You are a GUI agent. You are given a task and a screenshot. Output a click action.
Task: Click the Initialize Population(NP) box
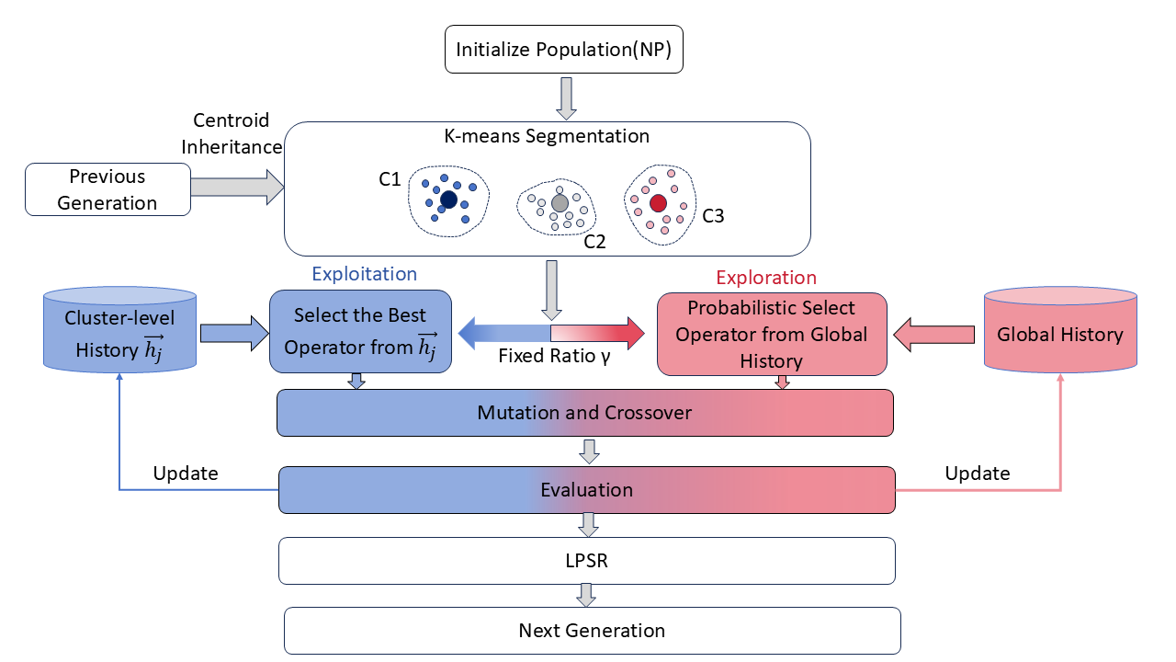[x=564, y=49]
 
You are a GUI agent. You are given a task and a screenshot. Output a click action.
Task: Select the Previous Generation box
[x=107, y=189]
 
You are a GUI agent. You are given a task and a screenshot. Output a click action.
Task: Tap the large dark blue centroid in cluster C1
[x=448, y=200]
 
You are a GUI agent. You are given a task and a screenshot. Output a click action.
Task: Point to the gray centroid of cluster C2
[x=560, y=203]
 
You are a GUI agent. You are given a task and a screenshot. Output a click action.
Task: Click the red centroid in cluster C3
[x=658, y=203]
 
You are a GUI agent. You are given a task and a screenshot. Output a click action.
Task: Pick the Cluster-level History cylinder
[x=119, y=330]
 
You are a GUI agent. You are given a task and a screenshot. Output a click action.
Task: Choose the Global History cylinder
[x=1060, y=330]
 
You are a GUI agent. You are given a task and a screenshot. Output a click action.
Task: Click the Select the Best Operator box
[x=360, y=332]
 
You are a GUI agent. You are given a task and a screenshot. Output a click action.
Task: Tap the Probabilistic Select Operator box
[x=772, y=334]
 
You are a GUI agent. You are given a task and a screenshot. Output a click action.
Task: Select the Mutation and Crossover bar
[x=585, y=413]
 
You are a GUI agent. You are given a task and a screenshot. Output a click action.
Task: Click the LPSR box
[x=586, y=561]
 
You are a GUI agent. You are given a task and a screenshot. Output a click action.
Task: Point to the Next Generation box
[x=593, y=631]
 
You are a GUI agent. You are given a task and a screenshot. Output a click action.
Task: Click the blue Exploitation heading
[x=365, y=274]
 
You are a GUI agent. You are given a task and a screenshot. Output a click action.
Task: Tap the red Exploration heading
[x=766, y=278]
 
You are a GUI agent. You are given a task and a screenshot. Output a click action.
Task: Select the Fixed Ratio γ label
[x=554, y=356]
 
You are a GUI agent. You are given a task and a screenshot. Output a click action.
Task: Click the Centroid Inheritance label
[x=232, y=133]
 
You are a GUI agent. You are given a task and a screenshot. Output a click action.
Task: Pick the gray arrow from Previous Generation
[x=238, y=187]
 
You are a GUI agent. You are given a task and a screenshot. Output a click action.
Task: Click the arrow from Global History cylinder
[x=934, y=335]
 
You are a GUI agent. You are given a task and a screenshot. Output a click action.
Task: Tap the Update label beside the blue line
[x=186, y=474]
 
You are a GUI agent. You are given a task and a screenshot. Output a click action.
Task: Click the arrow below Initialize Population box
[x=566, y=98]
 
